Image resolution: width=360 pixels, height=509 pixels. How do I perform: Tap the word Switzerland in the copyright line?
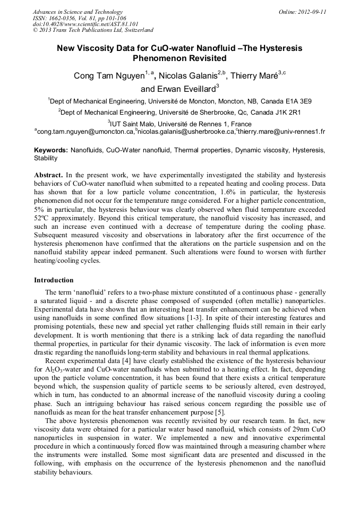[135, 30]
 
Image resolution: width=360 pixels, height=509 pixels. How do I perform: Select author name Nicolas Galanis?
[188, 76]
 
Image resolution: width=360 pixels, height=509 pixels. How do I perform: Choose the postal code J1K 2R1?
[286, 113]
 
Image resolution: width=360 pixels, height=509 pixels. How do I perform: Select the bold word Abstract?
[49, 175]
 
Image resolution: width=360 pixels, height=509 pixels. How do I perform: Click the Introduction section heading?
[54, 280]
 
